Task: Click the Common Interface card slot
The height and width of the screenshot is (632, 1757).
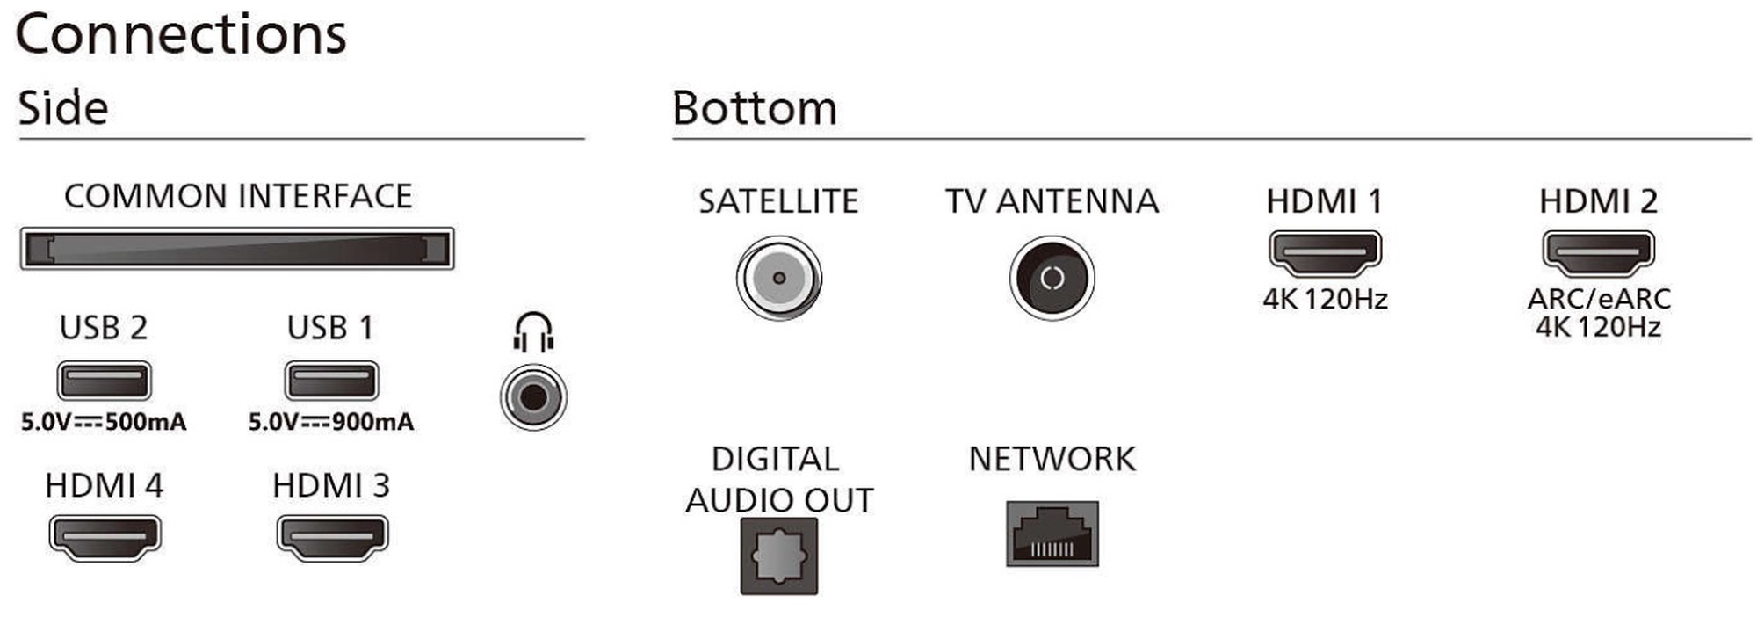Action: (237, 249)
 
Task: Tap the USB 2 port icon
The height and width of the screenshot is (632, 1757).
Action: (105, 381)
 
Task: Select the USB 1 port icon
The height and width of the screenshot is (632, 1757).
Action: (331, 381)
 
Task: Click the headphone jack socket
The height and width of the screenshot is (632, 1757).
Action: (533, 397)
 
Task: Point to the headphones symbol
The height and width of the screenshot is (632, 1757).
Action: (533, 332)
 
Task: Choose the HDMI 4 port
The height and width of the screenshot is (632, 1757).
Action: (105, 537)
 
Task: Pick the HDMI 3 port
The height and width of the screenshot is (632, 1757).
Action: (332, 537)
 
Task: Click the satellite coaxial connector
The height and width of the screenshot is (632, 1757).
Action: (779, 278)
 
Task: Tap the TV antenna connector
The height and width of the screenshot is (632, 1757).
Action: (1052, 278)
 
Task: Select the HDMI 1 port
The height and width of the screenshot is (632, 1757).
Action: (1325, 252)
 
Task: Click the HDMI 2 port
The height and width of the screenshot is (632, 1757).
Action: (1598, 252)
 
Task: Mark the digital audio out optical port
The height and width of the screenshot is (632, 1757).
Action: (779, 556)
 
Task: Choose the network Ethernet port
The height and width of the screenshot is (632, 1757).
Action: (1052, 534)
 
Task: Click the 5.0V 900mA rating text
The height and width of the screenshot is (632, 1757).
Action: (331, 422)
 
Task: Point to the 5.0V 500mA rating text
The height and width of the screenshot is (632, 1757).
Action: (104, 422)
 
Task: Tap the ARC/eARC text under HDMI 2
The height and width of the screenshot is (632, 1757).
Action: (1599, 299)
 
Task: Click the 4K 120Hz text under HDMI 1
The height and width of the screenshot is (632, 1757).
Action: (1325, 299)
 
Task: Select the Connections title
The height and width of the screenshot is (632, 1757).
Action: (181, 35)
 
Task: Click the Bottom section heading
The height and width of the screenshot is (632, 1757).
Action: (755, 108)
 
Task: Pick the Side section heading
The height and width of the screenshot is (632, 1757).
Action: (63, 108)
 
